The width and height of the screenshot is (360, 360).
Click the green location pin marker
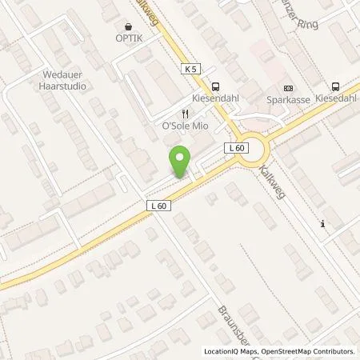point(181,161)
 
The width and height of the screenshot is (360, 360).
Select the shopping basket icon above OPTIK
point(130,25)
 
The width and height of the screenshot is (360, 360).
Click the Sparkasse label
point(289,102)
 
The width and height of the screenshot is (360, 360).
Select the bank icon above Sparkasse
point(289,90)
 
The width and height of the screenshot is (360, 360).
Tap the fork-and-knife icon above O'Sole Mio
point(184,114)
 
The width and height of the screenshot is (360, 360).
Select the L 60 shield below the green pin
point(158,206)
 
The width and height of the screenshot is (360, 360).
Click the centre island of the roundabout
point(255,148)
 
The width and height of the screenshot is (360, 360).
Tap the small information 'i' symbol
point(322,223)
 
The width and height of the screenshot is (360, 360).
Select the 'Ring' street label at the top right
point(307,24)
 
